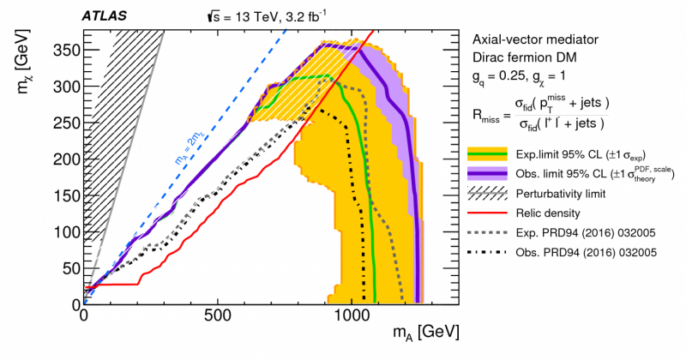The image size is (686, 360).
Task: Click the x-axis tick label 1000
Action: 351,315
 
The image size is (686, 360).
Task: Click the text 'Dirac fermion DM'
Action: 522,59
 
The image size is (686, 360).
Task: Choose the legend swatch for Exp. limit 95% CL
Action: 487,155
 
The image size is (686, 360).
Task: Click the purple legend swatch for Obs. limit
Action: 487,175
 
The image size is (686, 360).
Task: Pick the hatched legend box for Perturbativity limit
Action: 487,195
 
